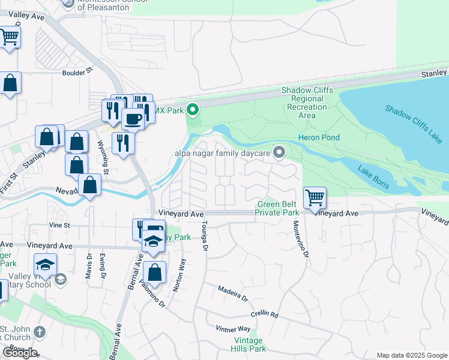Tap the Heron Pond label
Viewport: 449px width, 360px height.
click(319, 138)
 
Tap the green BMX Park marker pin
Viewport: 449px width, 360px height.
click(193, 110)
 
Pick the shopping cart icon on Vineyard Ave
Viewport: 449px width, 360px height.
click(315, 197)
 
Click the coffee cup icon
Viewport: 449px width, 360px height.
click(133, 118)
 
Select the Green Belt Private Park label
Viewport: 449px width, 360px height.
click(277, 208)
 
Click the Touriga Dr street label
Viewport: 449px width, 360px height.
click(205, 235)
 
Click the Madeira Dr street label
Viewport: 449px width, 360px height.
click(233, 293)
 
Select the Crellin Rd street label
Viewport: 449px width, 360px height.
click(265, 314)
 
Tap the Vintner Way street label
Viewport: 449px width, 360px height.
click(233, 329)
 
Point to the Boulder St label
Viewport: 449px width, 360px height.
click(78, 70)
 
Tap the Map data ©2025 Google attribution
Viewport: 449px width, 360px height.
click(411, 355)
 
